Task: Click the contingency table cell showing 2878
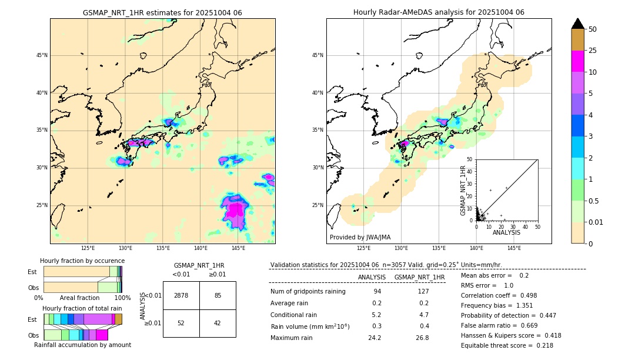click(x=181, y=295)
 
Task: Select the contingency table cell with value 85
click(x=218, y=295)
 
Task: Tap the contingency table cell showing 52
click(x=181, y=323)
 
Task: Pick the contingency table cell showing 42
click(x=218, y=323)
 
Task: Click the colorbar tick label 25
click(x=593, y=51)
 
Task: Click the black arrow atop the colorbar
click(x=578, y=24)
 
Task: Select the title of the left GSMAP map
click(x=162, y=12)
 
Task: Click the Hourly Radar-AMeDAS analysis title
click(x=439, y=12)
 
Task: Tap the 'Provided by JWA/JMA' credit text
click(x=360, y=237)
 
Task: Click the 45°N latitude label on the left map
click(x=42, y=55)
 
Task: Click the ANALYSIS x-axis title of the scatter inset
click(x=506, y=232)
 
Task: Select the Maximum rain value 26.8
click(x=423, y=338)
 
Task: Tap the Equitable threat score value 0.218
click(x=542, y=345)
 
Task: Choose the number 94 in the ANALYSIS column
click(x=377, y=291)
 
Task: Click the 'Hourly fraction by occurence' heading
click(x=82, y=261)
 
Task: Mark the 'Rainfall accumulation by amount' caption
click(x=82, y=345)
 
